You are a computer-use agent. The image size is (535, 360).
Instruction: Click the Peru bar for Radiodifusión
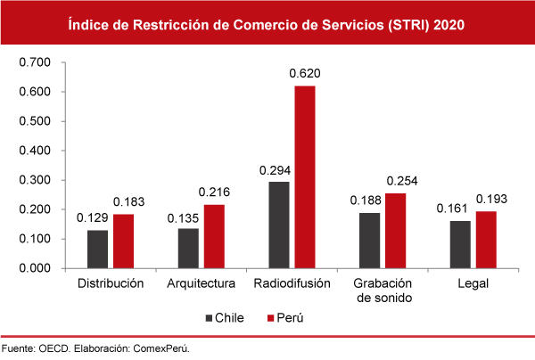point(304,176)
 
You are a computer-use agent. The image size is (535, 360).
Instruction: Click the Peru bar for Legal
point(486,239)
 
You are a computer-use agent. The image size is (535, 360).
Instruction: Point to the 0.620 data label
point(304,73)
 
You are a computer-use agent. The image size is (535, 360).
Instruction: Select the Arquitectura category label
point(202,284)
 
